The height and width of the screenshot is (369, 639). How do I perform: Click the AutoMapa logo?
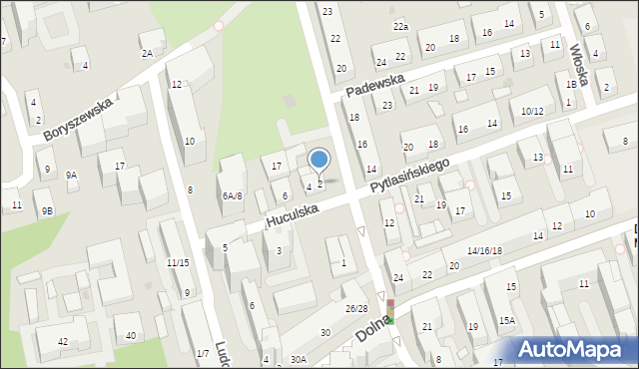point(572,350)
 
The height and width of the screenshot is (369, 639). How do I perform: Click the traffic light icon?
point(392,311)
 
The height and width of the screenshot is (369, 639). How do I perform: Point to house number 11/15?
point(178,262)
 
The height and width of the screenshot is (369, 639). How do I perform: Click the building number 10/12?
point(531,111)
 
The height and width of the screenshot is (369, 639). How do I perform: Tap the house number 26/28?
point(356,308)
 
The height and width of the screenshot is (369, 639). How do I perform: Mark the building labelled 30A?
point(298,359)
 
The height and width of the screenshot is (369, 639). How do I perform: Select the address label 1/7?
point(203,353)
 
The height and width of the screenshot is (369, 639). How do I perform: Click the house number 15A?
point(507,320)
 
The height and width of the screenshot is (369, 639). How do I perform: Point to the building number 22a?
point(400,26)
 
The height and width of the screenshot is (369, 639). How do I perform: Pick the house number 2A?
point(148,53)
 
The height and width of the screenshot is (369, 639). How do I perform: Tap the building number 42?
point(62,342)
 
